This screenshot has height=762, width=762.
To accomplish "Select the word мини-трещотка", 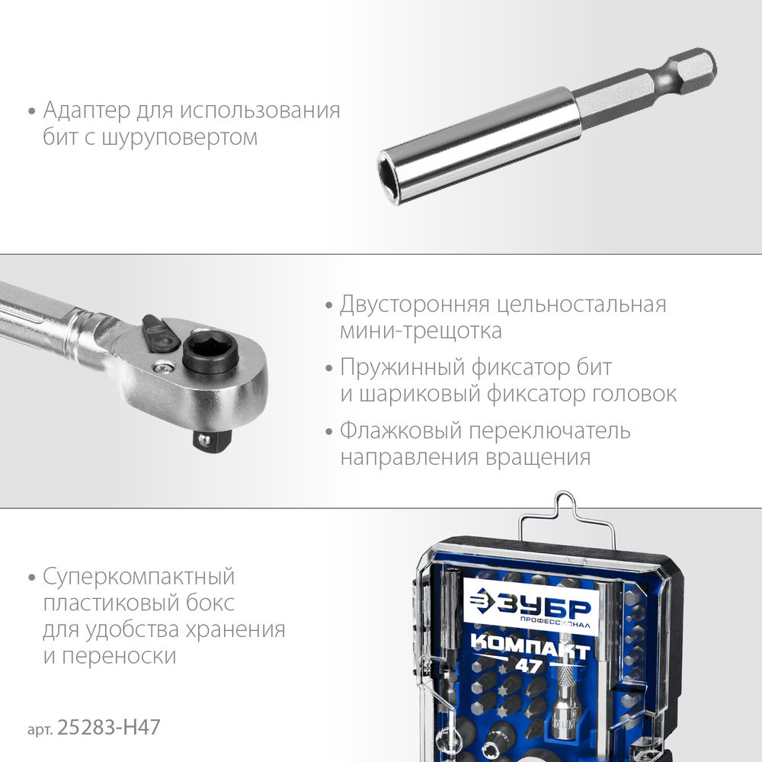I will (x=421, y=331).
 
